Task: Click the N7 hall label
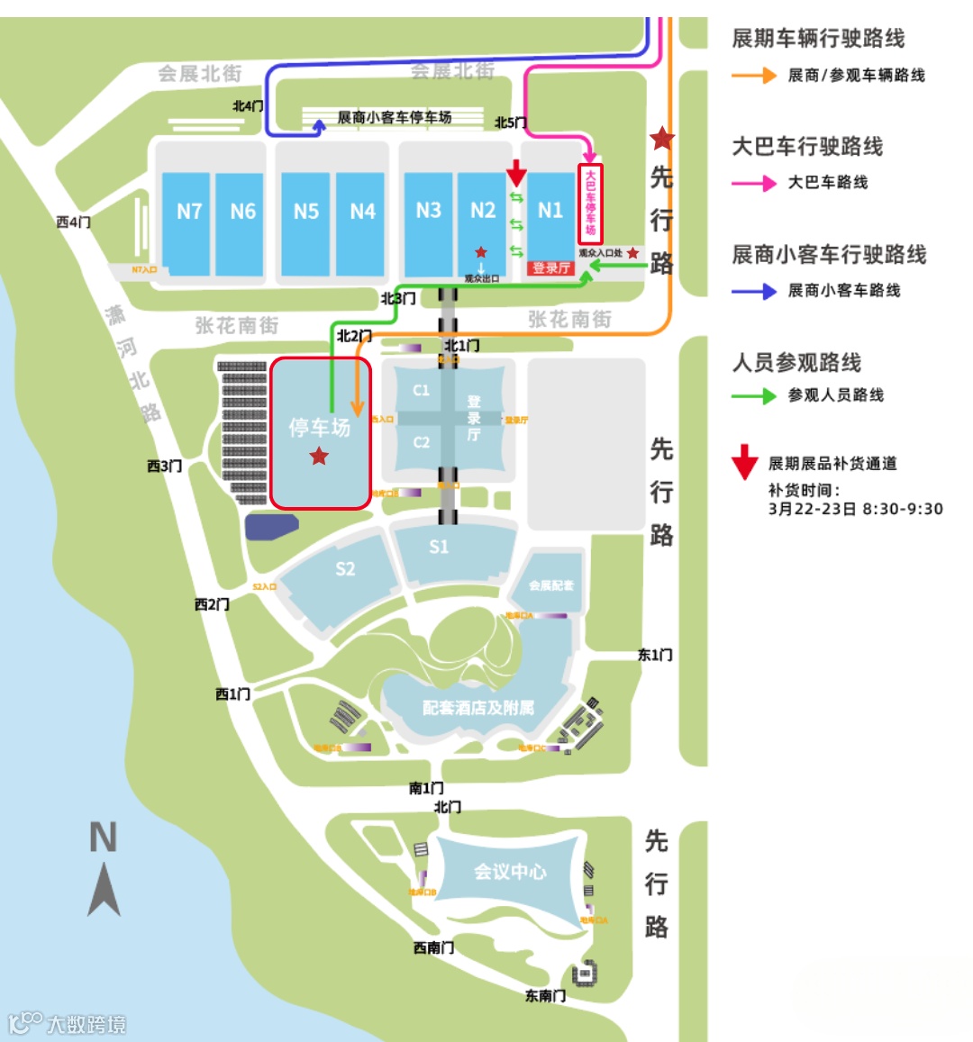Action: click(x=189, y=212)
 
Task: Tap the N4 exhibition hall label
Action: click(x=362, y=212)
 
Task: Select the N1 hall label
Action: click(x=550, y=211)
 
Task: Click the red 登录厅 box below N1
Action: click(x=550, y=267)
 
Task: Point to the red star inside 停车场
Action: click(x=319, y=457)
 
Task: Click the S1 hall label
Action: click(x=439, y=547)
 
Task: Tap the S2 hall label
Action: click(x=345, y=568)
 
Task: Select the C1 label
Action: click(x=421, y=390)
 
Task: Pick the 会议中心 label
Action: click(x=510, y=872)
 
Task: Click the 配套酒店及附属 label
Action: click(x=478, y=708)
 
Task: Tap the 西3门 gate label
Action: click(x=165, y=466)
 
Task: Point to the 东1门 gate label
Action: click(x=655, y=655)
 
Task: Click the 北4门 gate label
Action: click(x=248, y=106)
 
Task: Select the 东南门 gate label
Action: click(x=546, y=995)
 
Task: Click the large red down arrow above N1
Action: click(x=516, y=172)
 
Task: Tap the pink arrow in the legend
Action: click(x=754, y=183)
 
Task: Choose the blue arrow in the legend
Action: click(x=754, y=291)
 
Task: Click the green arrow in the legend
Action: click(x=754, y=395)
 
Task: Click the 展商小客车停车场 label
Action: click(x=395, y=117)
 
